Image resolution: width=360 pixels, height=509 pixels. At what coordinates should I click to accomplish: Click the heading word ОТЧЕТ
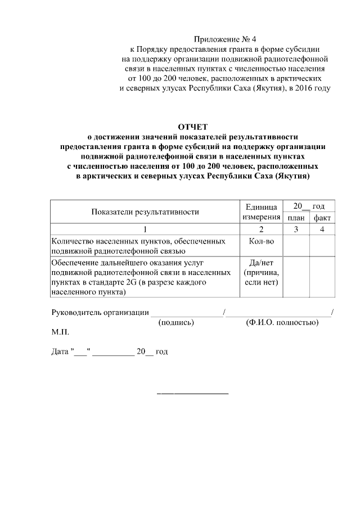coord(192,127)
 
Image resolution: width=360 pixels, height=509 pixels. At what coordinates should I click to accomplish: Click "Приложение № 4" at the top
coord(224,39)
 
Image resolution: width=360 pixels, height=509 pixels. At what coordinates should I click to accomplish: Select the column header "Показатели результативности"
coord(145,212)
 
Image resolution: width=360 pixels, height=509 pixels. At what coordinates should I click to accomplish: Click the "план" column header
coord(296,218)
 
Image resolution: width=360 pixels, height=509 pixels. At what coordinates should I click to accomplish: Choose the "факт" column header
coord(322,218)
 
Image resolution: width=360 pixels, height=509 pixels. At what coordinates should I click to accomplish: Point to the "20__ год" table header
coord(309,206)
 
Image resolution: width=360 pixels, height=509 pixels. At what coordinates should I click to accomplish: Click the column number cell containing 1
coord(145,229)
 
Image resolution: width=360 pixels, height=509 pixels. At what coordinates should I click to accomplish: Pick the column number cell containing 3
coord(296,229)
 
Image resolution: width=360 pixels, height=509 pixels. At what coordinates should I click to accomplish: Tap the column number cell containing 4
coord(322,229)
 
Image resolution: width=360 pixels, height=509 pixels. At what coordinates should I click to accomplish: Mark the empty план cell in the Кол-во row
coord(296,246)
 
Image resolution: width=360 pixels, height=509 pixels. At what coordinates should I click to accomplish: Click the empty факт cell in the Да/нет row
coord(322,277)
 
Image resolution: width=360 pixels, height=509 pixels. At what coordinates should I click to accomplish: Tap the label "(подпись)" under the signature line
coord(176,323)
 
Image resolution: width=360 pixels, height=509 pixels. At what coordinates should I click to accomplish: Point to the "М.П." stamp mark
coord(60,332)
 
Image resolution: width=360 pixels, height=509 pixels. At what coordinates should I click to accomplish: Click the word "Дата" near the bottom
coord(60,352)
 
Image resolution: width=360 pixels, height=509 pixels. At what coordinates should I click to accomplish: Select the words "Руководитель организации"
coord(100,313)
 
